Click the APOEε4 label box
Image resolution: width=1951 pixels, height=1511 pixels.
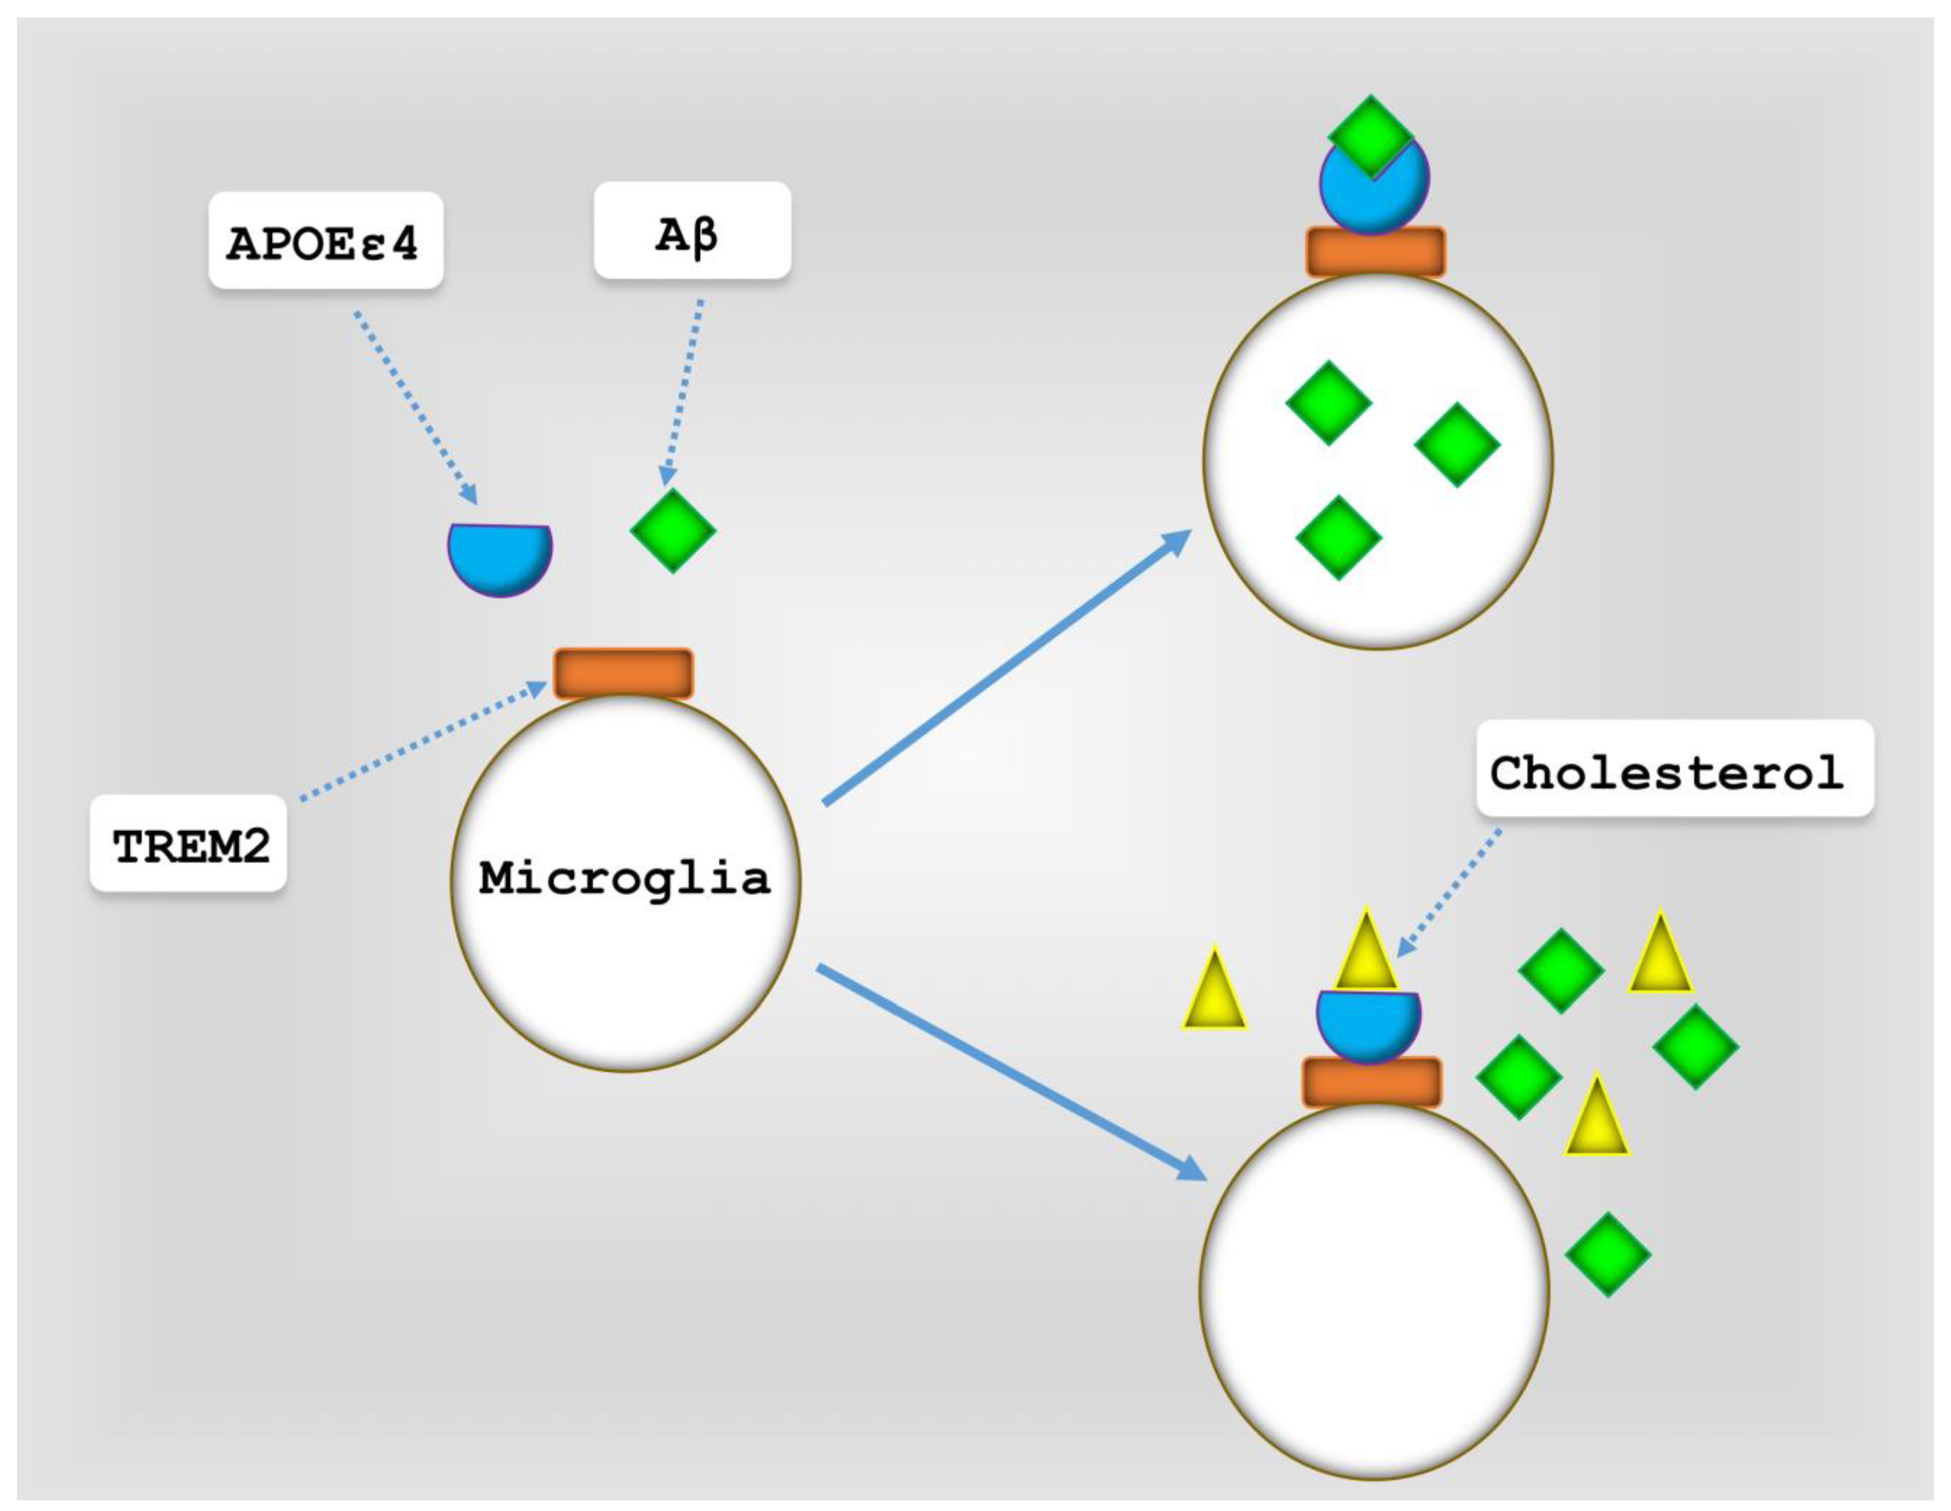325,241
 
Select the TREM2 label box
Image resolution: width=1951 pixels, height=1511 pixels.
188,844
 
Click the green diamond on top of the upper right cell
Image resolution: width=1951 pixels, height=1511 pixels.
1371,134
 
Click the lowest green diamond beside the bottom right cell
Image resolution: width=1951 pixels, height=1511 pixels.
1608,1255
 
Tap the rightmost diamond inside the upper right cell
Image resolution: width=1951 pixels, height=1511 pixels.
1457,444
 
